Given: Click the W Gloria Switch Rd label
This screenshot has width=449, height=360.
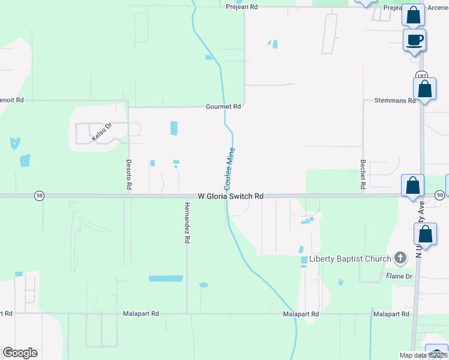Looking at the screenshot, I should (x=231, y=196).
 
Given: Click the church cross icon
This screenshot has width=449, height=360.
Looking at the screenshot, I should (x=400, y=259).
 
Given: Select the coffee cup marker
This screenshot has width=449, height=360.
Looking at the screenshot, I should (x=415, y=40).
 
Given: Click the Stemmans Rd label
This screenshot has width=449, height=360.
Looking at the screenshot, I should (x=395, y=101).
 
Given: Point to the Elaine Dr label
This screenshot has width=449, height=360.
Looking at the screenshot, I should (x=400, y=277).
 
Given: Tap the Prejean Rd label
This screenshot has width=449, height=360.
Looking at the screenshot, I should (x=241, y=7).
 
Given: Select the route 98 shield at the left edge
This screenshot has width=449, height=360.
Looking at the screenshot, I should (x=39, y=196).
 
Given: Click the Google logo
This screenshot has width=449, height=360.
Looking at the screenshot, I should (x=20, y=353).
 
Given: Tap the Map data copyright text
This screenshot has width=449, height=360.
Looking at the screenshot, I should (x=423, y=355).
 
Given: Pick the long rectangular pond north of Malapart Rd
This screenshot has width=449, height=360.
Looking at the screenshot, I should (x=166, y=278).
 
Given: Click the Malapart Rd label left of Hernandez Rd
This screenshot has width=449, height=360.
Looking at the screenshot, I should (x=141, y=314).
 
